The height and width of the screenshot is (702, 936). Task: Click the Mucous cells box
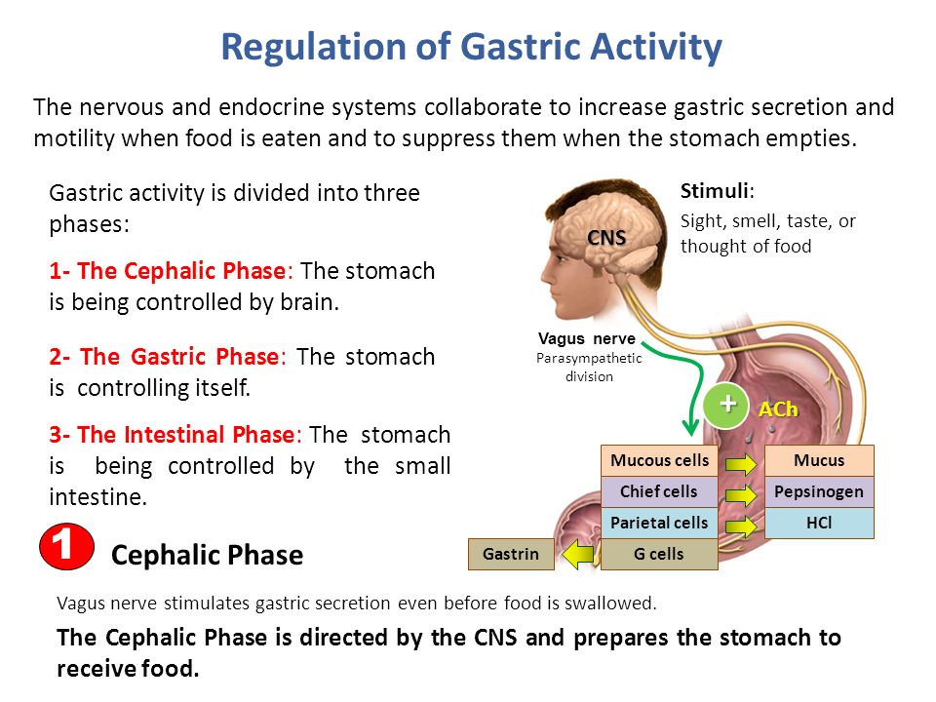(659, 460)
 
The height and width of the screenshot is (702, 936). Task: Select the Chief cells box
(659, 491)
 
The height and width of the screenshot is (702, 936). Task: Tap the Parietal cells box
(659, 523)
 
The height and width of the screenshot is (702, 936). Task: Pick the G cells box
(659, 554)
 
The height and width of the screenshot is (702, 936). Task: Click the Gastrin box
(511, 554)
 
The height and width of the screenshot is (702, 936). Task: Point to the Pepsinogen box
(819, 491)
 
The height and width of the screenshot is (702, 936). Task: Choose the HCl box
(819, 523)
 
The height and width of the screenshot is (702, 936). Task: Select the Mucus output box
(819, 460)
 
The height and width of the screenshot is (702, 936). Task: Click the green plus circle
(726, 405)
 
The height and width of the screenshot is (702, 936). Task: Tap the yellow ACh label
(778, 409)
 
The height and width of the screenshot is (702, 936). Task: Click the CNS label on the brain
(606, 238)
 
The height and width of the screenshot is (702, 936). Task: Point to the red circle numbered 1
(66, 547)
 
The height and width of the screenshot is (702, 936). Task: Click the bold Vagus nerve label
(586, 338)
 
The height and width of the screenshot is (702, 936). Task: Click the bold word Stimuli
(715, 191)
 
